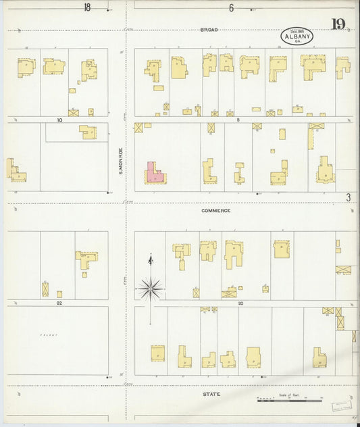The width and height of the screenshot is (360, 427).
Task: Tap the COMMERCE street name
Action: pyautogui.click(x=215, y=211)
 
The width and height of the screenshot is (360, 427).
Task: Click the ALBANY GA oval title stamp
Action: pyautogui.click(x=297, y=36)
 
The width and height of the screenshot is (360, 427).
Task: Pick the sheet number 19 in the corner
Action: pyautogui.click(x=338, y=25)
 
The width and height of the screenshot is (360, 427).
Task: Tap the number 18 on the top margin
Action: pyautogui.click(x=86, y=8)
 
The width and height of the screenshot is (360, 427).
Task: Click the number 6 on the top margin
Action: pyautogui.click(x=231, y=8)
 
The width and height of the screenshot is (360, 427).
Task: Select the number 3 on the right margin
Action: pyautogui.click(x=349, y=197)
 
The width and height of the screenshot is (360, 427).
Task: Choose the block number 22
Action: pyautogui.click(x=59, y=303)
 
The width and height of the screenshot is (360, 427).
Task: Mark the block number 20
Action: pyautogui.click(x=240, y=303)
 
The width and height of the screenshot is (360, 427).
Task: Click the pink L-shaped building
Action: pyautogui.click(x=154, y=173)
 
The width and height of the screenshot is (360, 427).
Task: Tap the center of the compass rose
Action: pyautogui.click(x=150, y=288)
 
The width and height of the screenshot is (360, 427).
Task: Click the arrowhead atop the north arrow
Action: pyautogui.click(x=150, y=258)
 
